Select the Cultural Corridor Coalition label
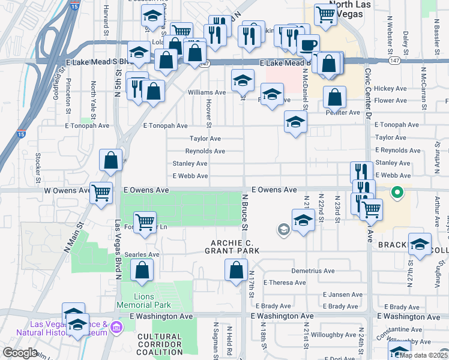point(159,344)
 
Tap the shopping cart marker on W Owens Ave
point(101,193)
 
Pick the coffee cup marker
point(309,44)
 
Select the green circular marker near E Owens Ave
point(396,193)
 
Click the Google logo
point(20,353)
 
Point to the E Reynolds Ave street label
point(397,151)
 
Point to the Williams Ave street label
point(206,92)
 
